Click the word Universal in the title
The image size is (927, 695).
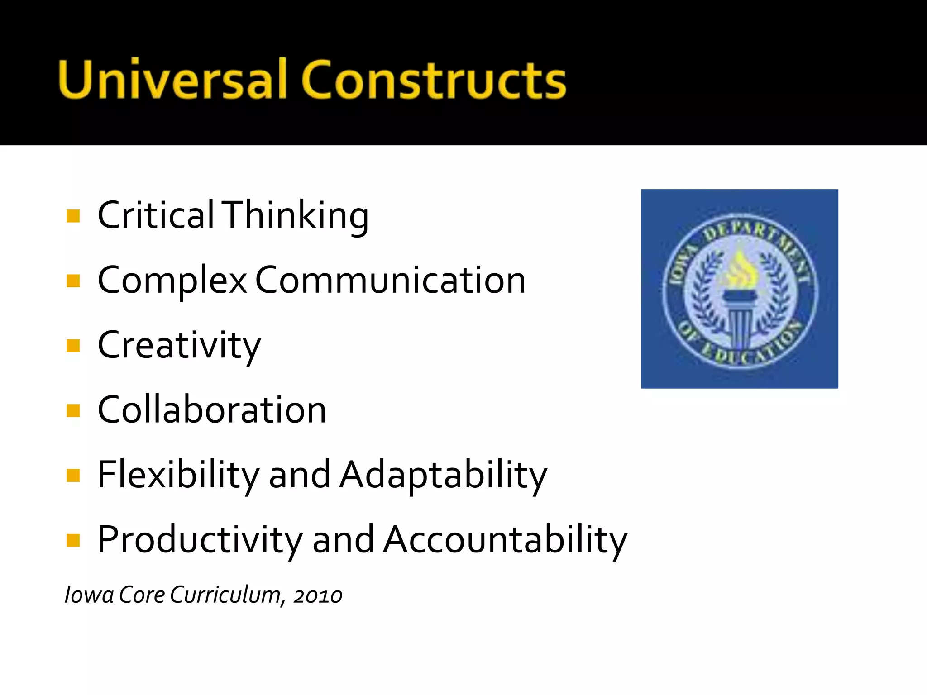[x=172, y=79]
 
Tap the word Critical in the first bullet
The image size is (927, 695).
[x=156, y=215]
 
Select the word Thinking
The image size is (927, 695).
[x=296, y=216]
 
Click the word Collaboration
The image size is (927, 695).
[x=212, y=410]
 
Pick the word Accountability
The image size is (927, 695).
[x=505, y=539]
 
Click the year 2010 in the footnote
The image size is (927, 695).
[x=318, y=595]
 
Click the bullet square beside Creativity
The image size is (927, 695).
[x=73, y=346]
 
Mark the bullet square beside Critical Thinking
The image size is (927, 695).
[x=73, y=216]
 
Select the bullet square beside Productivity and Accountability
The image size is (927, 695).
[x=73, y=540]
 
